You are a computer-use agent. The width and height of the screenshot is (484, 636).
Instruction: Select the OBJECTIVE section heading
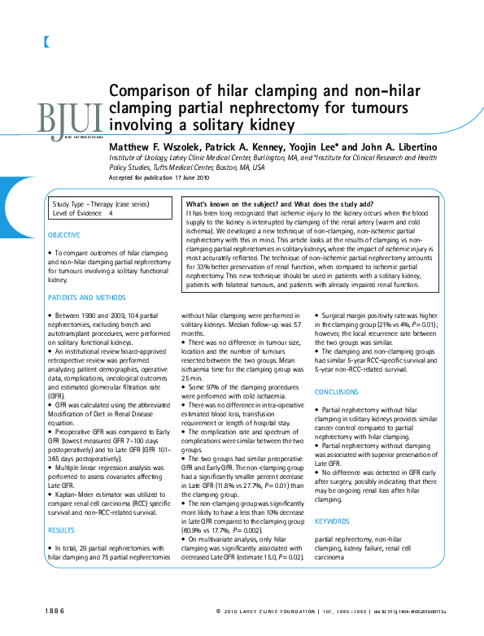tap(64, 235)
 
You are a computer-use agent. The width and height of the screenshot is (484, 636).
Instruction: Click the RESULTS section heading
tap(61, 530)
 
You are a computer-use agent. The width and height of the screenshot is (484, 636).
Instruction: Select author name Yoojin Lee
tap(313, 146)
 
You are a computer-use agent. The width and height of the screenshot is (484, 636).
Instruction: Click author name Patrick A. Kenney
tap(240, 146)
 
